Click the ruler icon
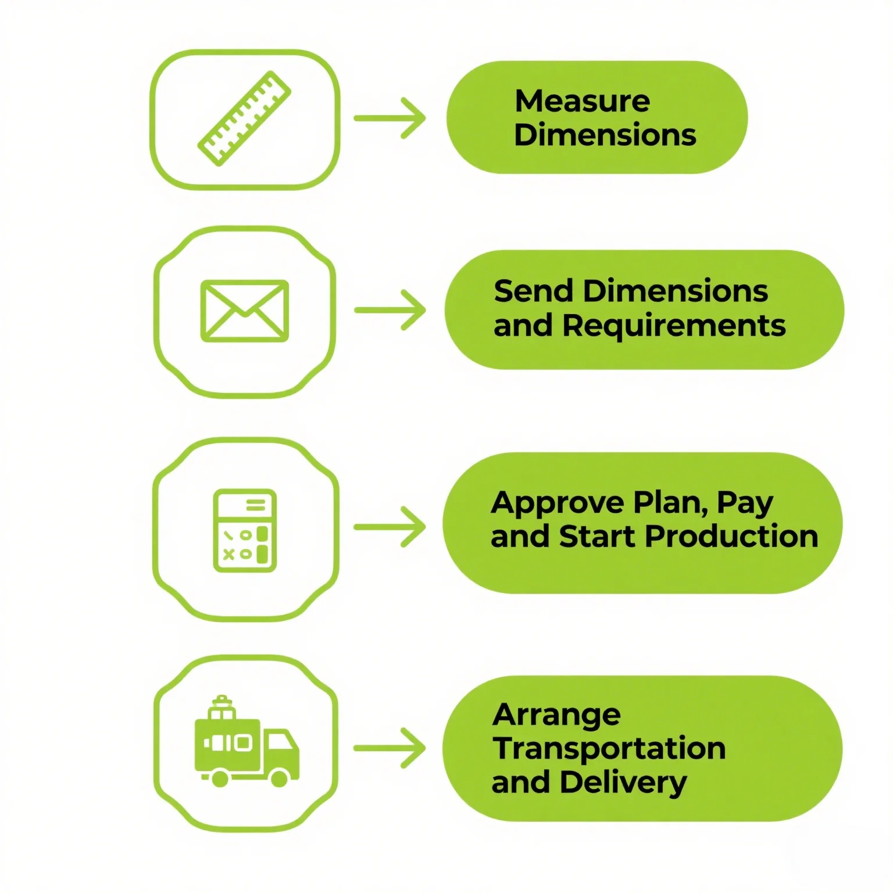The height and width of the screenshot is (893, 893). click(x=245, y=118)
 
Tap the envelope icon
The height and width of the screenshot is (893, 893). click(x=245, y=311)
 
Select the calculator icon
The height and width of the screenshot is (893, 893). click(x=245, y=530)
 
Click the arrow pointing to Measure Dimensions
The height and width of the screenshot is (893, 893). click(x=390, y=118)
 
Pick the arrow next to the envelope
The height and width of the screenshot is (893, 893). click(x=390, y=310)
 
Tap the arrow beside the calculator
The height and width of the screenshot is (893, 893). click(x=390, y=527)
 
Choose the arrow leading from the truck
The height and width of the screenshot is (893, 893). click(x=390, y=748)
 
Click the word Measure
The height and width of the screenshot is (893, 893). click(x=582, y=101)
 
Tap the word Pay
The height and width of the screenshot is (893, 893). click(x=745, y=503)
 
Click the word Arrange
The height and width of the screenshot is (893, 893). click(x=556, y=716)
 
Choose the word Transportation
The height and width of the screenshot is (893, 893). click(x=609, y=748)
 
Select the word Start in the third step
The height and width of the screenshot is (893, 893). click(x=596, y=536)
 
